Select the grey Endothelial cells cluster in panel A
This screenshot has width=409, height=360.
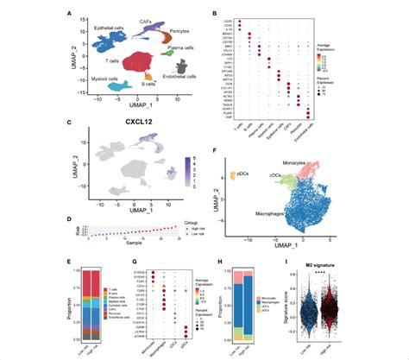[182, 66]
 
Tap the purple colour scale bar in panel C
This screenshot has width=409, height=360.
[187, 163]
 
